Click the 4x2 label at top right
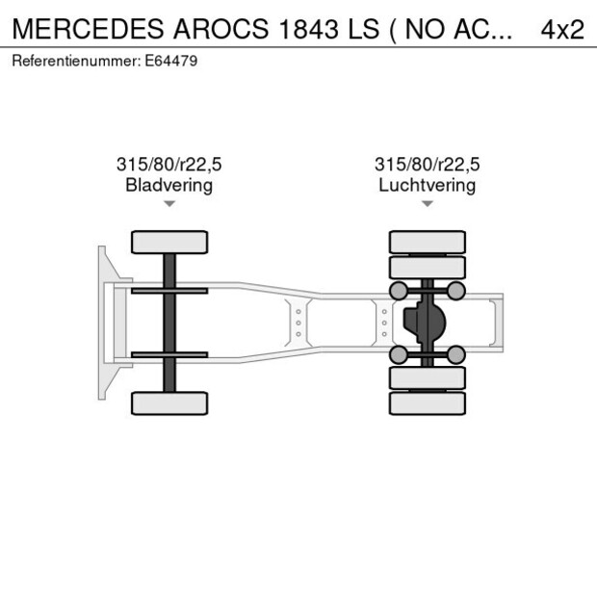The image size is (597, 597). click(562, 29)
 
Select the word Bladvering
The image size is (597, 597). click(169, 185)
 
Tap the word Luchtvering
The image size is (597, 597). click(427, 185)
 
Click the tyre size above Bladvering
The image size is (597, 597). click(169, 165)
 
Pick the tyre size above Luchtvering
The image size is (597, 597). click(427, 165)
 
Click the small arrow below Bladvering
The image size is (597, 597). click(169, 204)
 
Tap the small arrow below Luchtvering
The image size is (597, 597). click(428, 204)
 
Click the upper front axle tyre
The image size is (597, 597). click(169, 242)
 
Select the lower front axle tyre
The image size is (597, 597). click(169, 402)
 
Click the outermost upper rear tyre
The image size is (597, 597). click(427, 242)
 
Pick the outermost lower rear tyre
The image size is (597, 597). click(427, 403)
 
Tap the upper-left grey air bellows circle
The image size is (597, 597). click(397, 291)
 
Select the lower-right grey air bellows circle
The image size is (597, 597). click(456, 354)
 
